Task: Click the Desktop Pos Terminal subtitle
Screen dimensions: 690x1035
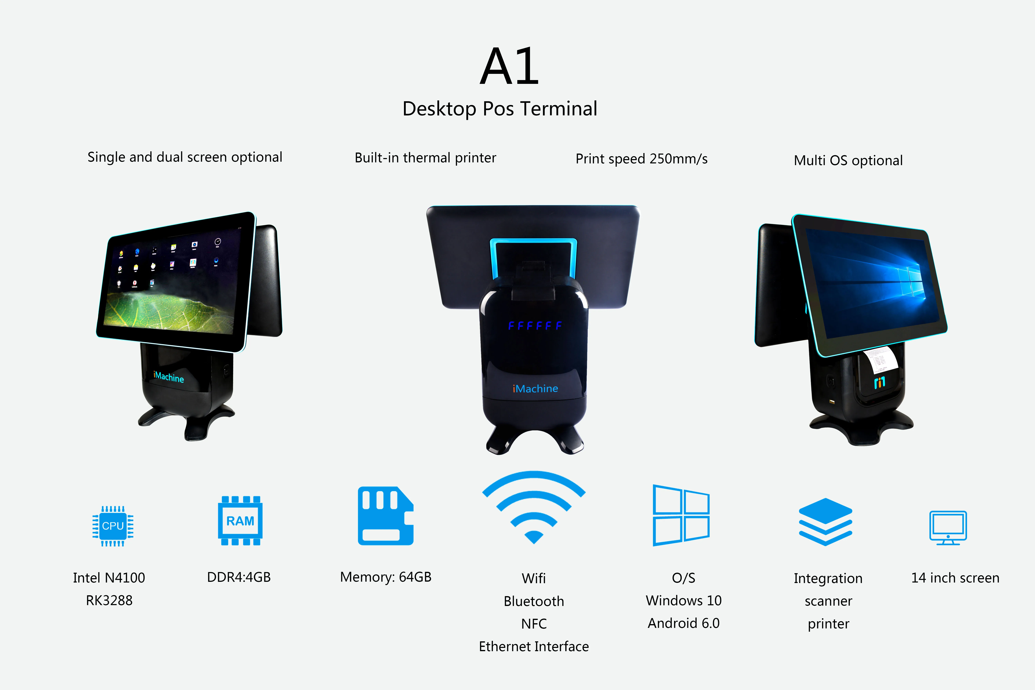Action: click(x=500, y=109)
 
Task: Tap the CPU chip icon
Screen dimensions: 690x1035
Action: click(x=113, y=526)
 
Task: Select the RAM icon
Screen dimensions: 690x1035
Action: click(x=240, y=521)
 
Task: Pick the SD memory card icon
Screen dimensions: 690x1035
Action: click(x=385, y=516)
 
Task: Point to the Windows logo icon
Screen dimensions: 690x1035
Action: click(x=681, y=515)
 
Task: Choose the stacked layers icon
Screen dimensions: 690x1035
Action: click(x=826, y=522)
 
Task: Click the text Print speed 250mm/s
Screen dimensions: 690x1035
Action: click(x=641, y=159)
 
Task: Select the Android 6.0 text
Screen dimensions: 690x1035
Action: click(x=684, y=623)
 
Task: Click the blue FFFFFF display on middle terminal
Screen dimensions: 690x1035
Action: click(x=535, y=326)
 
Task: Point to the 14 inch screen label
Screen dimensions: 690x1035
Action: click(x=955, y=578)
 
